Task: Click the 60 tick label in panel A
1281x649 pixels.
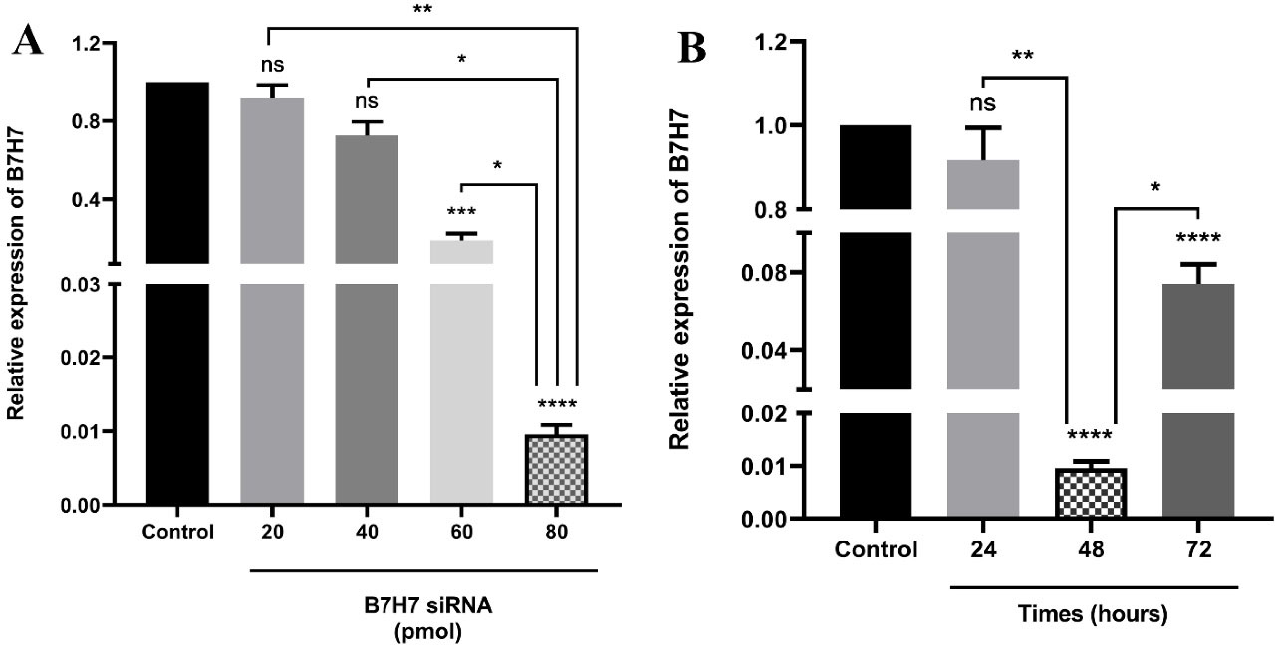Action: point(461,531)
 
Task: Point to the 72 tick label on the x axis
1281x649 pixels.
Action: point(1198,550)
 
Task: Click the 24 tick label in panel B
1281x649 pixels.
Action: point(982,550)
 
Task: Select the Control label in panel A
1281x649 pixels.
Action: point(178,531)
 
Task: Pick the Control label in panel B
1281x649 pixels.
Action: point(876,550)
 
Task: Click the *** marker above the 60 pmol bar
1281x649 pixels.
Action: point(461,213)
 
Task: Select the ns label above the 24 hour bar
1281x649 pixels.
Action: point(982,104)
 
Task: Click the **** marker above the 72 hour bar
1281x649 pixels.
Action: point(1198,239)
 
